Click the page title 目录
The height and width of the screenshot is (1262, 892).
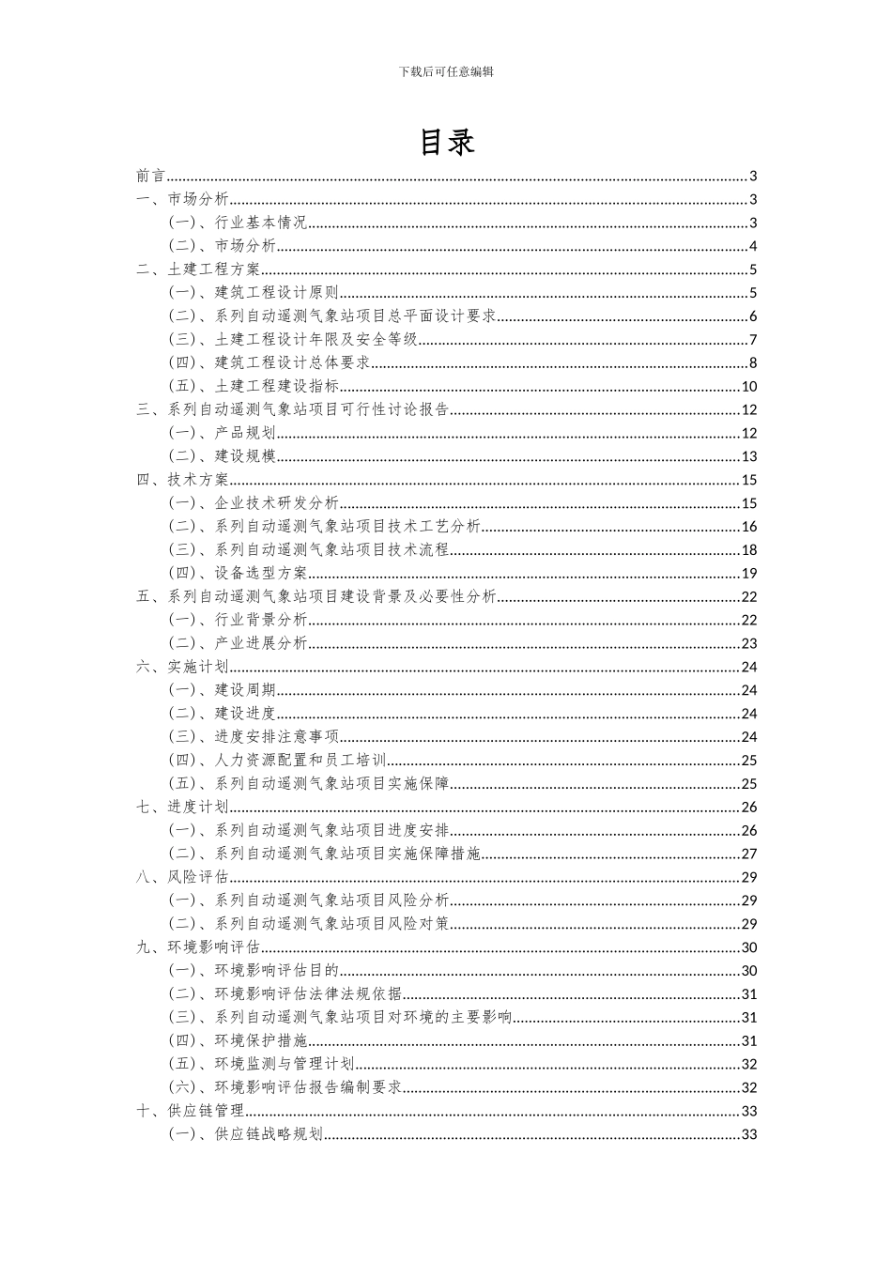click(446, 142)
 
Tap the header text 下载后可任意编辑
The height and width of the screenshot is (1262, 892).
click(446, 71)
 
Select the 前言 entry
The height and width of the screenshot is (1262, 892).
click(150, 176)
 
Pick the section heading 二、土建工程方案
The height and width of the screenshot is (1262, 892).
click(198, 269)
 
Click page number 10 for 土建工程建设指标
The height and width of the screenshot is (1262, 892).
click(748, 387)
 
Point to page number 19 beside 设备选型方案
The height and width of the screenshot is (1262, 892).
click(748, 574)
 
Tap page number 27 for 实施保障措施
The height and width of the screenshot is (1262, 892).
click(748, 854)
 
